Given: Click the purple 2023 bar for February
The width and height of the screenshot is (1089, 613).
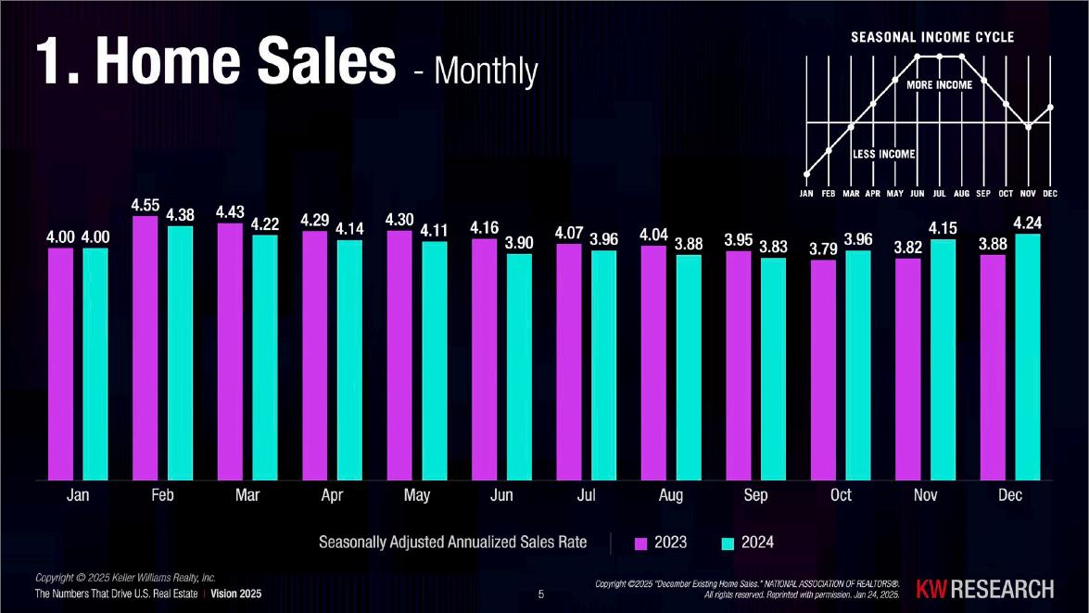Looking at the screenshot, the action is coord(146,348).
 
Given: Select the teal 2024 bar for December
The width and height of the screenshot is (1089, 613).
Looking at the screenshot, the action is coord(1028,356).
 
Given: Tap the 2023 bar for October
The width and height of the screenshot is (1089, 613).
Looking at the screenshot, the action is coord(824,370).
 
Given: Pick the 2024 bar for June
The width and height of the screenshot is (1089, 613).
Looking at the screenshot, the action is coord(520,367).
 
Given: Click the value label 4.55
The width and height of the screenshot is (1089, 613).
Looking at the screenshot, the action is coord(146,205).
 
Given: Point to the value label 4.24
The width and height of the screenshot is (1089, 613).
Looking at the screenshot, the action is coord(1028,223).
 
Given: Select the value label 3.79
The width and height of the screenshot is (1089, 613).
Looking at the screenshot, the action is coord(824,249).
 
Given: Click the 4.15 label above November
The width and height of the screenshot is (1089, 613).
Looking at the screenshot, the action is coord(943,228).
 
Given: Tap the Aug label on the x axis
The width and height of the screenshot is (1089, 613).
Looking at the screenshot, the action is coord(671,495).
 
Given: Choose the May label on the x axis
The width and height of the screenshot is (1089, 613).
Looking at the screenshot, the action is coord(417,495).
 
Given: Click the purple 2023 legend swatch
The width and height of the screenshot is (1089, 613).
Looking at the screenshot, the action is coord(641,543).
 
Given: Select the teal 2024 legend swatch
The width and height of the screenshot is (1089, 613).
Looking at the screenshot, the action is coord(728,543).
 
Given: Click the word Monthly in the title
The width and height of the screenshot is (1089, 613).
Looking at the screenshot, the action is coord(487,70).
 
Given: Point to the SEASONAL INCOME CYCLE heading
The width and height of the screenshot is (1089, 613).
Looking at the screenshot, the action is coord(932,37).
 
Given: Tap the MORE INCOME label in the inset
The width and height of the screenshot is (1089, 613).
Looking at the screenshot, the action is coord(939,84).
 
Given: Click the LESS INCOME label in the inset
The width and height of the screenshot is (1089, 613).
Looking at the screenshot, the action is coord(883,154).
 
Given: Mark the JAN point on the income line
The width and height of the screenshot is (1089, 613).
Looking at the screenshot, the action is coord(806,174).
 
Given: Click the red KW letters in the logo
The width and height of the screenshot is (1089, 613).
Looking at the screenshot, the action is coord(931,590).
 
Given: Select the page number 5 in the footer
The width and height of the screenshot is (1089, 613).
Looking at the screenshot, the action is coord(541,594).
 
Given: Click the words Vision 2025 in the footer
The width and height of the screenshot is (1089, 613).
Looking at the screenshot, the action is coord(236,594).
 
